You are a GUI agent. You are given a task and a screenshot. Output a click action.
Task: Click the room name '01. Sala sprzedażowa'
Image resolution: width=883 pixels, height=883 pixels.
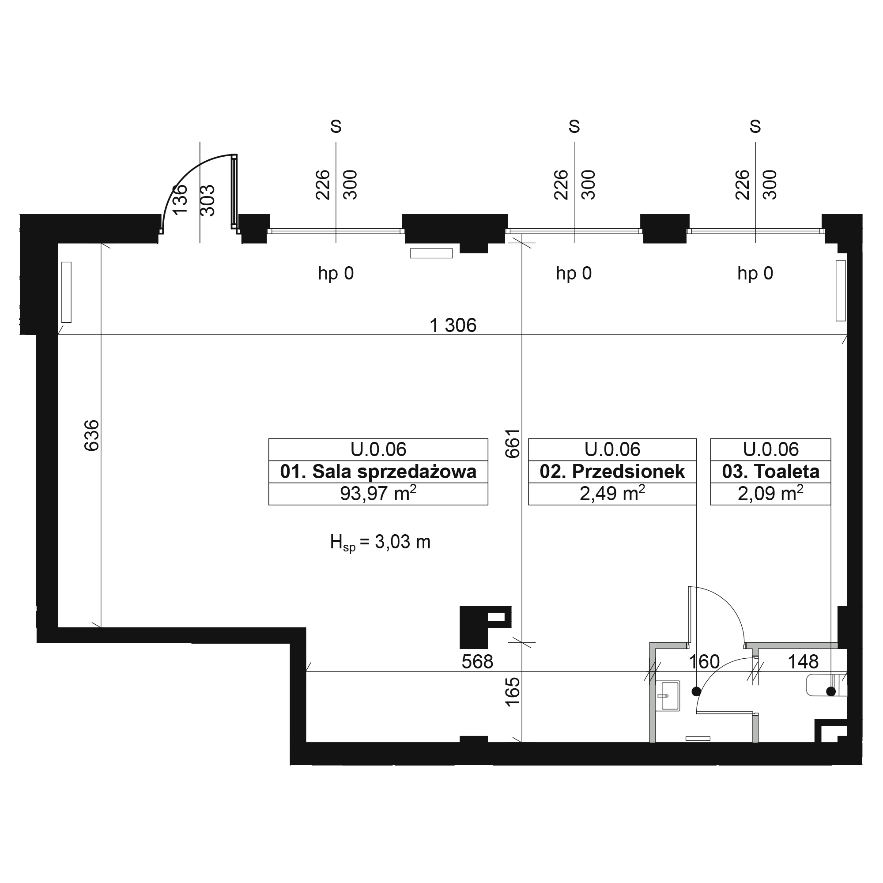(378, 472)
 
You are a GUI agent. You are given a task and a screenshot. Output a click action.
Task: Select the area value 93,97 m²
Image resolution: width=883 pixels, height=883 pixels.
(378, 494)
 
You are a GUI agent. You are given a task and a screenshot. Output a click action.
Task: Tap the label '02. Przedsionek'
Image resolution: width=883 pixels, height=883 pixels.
(612, 472)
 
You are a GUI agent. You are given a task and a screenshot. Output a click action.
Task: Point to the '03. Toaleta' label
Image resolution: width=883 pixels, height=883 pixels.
(770, 472)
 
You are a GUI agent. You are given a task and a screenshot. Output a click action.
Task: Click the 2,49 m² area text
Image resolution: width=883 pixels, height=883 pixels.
(612, 494)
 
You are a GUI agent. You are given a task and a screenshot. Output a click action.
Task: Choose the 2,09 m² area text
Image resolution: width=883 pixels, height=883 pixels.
(770, 494)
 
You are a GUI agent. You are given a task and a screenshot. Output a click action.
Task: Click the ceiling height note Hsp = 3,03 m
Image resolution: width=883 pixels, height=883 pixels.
(380, 543)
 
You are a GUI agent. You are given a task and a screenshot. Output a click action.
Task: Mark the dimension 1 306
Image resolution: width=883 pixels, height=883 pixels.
(453, 325)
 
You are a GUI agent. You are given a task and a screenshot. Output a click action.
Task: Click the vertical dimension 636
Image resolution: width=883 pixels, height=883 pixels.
(91, 436)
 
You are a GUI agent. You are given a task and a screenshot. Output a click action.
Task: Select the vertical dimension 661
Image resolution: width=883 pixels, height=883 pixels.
(512, 443)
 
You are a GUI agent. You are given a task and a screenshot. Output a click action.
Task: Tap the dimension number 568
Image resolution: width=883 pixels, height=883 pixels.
(477, 662)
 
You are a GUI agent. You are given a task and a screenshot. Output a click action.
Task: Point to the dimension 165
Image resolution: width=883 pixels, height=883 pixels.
(512, 692)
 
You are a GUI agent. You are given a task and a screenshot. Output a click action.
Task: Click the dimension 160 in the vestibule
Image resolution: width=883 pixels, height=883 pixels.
(704, 662)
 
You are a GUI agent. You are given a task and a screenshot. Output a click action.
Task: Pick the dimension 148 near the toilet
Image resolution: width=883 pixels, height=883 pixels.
(803, 662)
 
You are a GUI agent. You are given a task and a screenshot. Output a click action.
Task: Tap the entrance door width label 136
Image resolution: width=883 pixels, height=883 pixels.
(180, 199)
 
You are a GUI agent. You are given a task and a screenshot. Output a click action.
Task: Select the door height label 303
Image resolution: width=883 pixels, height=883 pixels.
(208, 200)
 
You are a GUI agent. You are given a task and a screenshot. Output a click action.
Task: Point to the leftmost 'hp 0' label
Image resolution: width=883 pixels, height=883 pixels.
(336, 273)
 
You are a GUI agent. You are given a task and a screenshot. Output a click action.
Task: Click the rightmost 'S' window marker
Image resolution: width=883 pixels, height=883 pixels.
(755, 126)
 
